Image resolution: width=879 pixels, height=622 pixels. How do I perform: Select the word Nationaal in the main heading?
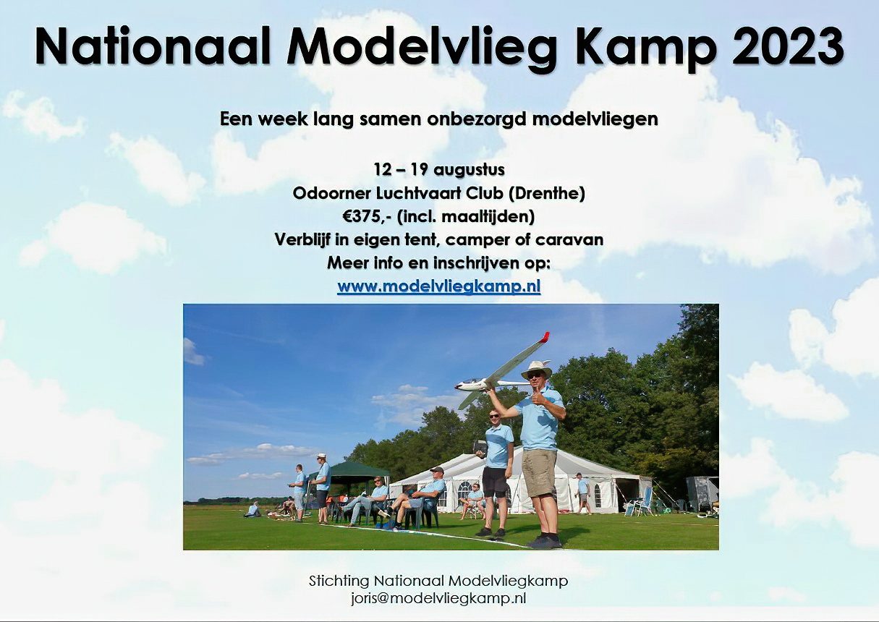(153, 46)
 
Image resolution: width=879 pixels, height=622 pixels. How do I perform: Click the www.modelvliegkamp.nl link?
(438, 286)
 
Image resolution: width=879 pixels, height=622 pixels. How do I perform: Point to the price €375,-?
(368, 216)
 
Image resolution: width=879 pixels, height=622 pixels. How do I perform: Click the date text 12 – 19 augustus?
(439, 170)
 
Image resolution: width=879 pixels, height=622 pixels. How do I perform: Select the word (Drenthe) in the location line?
(547, 193)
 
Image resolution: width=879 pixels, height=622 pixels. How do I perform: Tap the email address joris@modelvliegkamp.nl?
(438, 598)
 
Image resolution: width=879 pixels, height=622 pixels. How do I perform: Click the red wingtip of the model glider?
(544, 337)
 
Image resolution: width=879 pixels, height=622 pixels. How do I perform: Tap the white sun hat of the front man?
(536, 369)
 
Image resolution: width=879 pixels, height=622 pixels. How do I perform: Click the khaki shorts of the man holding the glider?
(539, 473)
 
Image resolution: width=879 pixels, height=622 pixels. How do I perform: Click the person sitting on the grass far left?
(252, 510)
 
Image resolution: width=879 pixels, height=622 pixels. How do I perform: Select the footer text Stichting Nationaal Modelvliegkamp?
(438, 581)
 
